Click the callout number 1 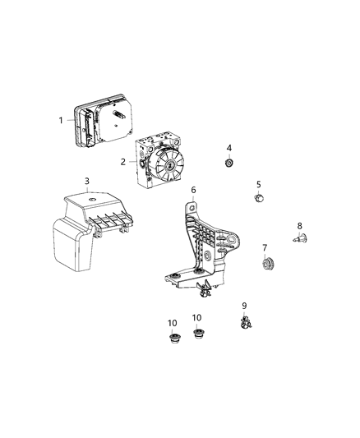coord(60,120)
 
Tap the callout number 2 coord(122,162)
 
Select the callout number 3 coord(87,182)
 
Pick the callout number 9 coord(244,307)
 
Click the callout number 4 coord(229,148)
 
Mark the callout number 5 coord(258,185)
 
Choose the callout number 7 coord(265,247)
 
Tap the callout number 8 coord(299,226)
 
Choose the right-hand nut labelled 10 coord(197,333)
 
